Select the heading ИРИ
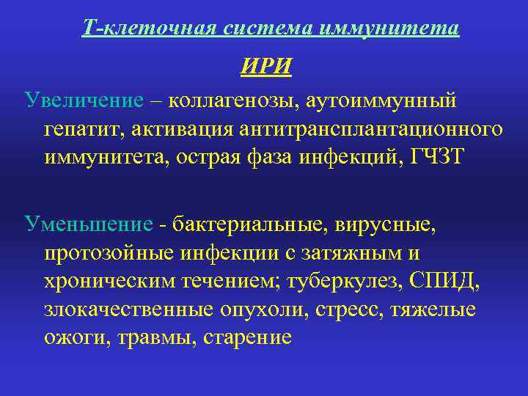tap(266, 67)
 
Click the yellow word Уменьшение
tap(89, 222)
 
